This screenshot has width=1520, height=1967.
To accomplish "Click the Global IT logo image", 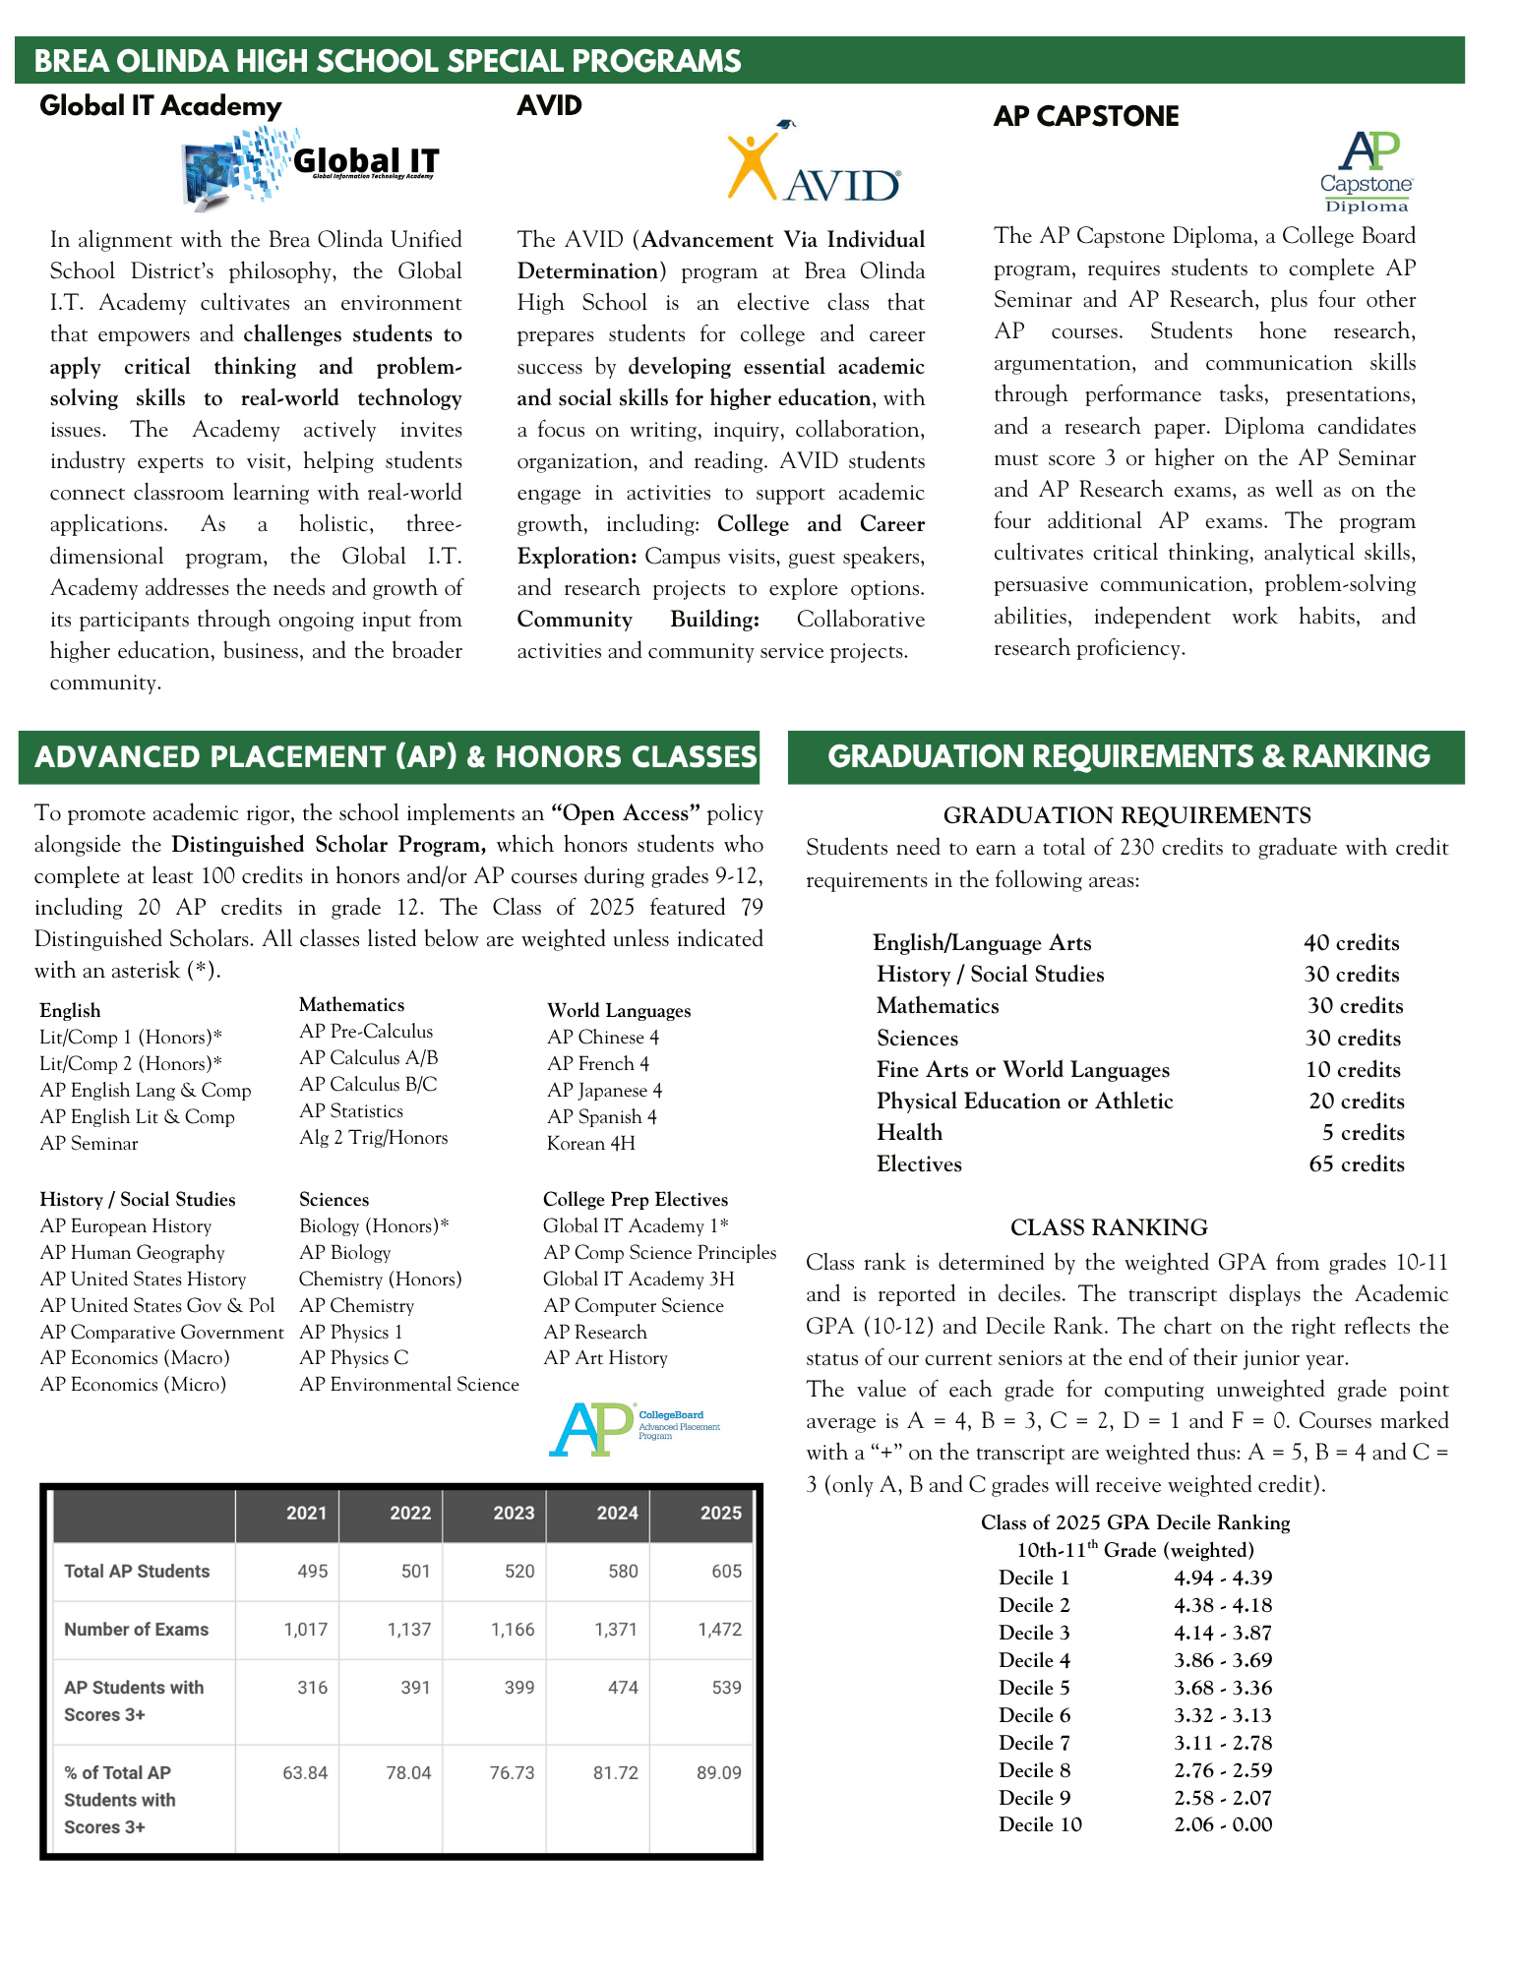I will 310,167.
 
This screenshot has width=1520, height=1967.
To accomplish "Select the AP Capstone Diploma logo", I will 1367,171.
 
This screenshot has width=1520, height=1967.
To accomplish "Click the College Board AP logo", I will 633,1429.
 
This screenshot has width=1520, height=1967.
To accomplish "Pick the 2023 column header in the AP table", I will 513,1513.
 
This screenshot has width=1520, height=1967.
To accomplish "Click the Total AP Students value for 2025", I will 726,1571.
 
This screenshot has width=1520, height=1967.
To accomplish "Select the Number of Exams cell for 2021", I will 305,1629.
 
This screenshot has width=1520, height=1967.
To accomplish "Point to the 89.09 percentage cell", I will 718,1772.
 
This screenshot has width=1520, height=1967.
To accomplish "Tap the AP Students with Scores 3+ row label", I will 134,1700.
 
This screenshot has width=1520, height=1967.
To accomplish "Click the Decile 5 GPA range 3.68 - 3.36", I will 1223,1688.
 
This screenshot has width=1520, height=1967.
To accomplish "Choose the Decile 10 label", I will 1040,1824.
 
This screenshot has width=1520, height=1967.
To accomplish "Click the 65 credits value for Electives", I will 1356,1163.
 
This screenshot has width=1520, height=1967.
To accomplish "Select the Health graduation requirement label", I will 909,1132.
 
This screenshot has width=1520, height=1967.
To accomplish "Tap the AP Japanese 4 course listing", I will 604,1090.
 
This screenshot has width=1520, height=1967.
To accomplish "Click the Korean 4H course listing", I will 590,1143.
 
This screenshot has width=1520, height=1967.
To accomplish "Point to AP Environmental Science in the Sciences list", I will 408,1384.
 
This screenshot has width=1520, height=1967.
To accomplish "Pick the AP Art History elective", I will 605,1357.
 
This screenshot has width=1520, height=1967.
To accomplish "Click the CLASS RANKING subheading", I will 1109,1226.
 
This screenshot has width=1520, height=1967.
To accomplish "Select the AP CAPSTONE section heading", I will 1085,116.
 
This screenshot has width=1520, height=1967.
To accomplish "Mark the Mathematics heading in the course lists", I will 351,1004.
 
